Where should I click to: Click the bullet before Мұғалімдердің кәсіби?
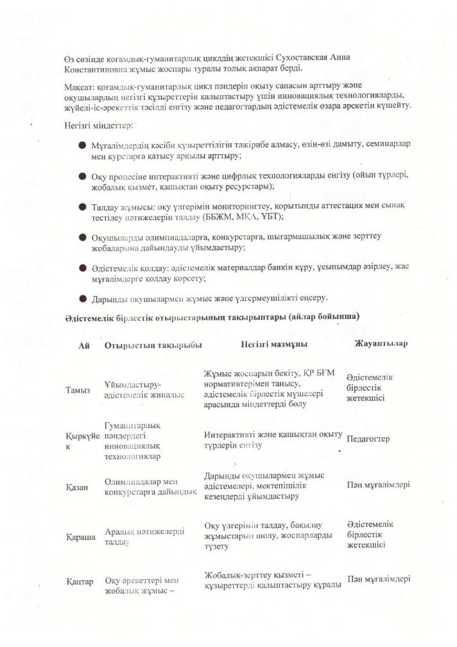coord(83,147)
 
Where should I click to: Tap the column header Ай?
coord(83,345)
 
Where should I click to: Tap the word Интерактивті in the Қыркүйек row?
coord(229,435)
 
